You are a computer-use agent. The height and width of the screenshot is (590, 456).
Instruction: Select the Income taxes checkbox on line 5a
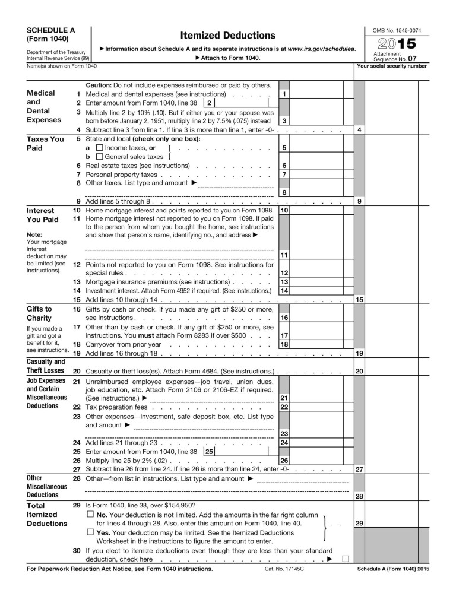pos(99,147)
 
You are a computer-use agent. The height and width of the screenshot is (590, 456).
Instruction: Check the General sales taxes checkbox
pos(99,157)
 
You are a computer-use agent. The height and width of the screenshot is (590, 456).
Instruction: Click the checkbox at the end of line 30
pos(345,559)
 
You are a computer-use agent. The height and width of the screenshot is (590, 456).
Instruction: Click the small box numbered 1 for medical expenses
pos(285,94)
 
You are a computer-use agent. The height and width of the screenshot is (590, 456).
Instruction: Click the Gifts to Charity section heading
pos(40,313)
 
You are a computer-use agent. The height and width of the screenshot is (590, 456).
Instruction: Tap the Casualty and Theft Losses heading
pos(46,366)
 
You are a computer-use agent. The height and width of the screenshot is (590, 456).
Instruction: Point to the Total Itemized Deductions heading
pos(42,514)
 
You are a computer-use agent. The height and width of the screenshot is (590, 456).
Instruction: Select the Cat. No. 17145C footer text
pos(282,569)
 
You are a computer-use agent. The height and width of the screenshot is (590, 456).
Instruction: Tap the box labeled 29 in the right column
pos(359,523)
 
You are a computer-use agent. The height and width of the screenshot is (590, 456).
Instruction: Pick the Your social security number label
pos(392,66)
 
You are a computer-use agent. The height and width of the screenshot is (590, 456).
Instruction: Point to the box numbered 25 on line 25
pos(208,451)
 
